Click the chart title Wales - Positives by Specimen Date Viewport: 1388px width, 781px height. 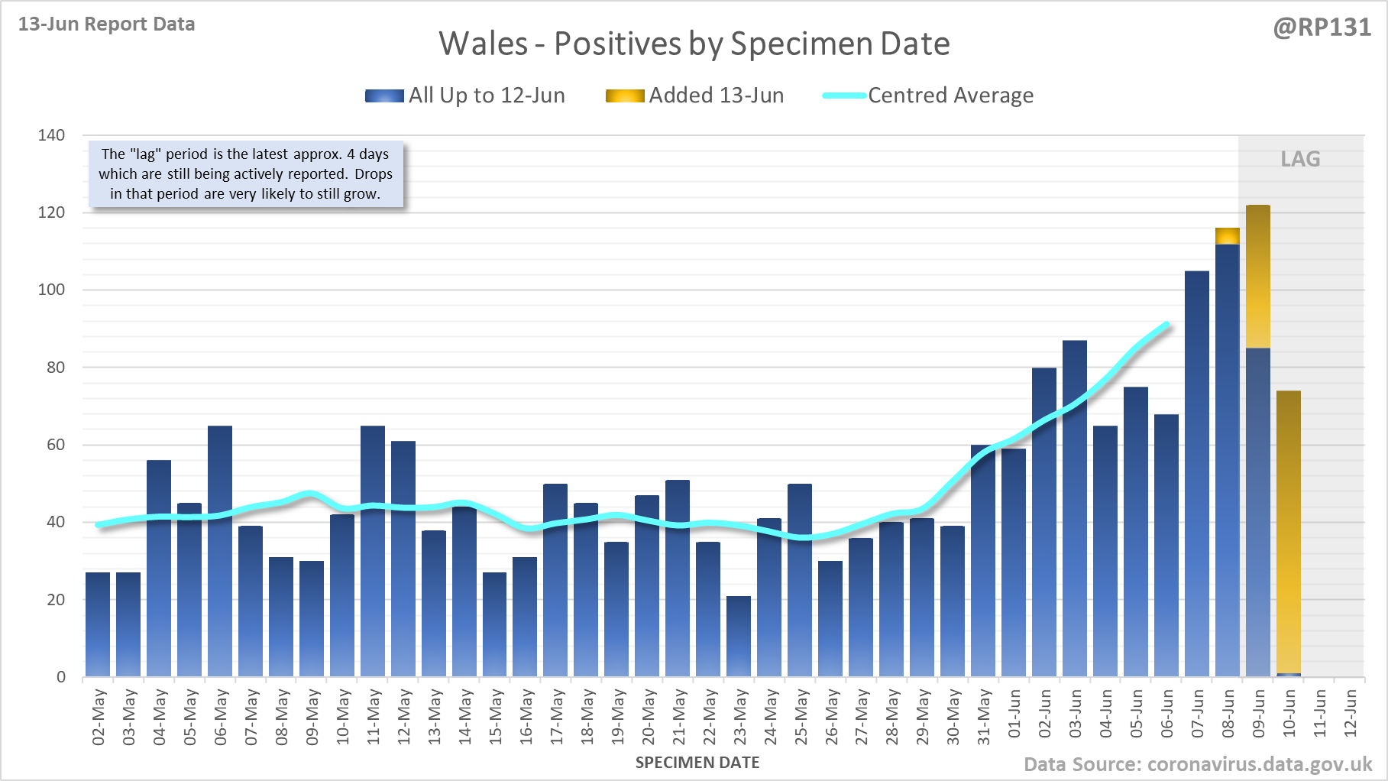pos(694,44)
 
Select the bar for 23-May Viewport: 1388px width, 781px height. pos(739,636)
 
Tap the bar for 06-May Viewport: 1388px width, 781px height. pos(220,550)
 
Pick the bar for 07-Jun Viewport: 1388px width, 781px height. pos(1197,474)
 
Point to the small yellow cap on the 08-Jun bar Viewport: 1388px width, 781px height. pos(1228,236)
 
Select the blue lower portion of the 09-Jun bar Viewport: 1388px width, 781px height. pos(1258,512)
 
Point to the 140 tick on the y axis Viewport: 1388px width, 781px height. pos(51,135)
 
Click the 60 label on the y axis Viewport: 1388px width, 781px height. pos(56,445)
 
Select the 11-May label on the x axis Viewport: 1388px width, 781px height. pos(374,716)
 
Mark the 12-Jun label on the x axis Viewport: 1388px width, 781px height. pos(1351,713)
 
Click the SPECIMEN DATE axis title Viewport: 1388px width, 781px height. pos(697,763)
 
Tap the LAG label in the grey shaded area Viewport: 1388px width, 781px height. pos(1300,159)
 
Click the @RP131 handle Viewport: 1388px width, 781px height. pos(1322,28)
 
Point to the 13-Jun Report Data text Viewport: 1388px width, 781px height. pos(106,24)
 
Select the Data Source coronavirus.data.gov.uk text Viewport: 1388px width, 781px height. pos(1198,764)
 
